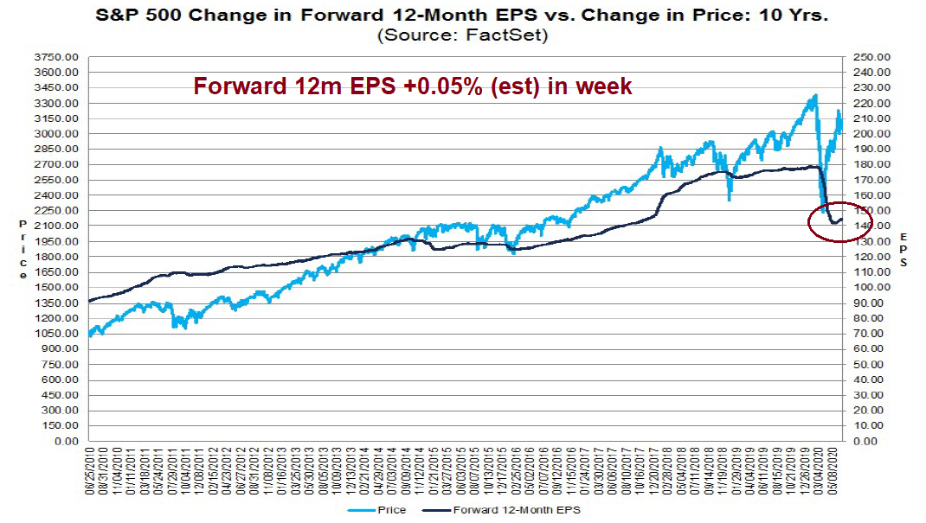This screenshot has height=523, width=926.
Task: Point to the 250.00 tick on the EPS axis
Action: coord(865,57)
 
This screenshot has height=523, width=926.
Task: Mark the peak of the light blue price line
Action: coord(814,96)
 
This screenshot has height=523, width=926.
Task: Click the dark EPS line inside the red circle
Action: coord(834,223)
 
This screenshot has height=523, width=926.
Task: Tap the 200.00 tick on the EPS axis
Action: coord(865,134)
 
